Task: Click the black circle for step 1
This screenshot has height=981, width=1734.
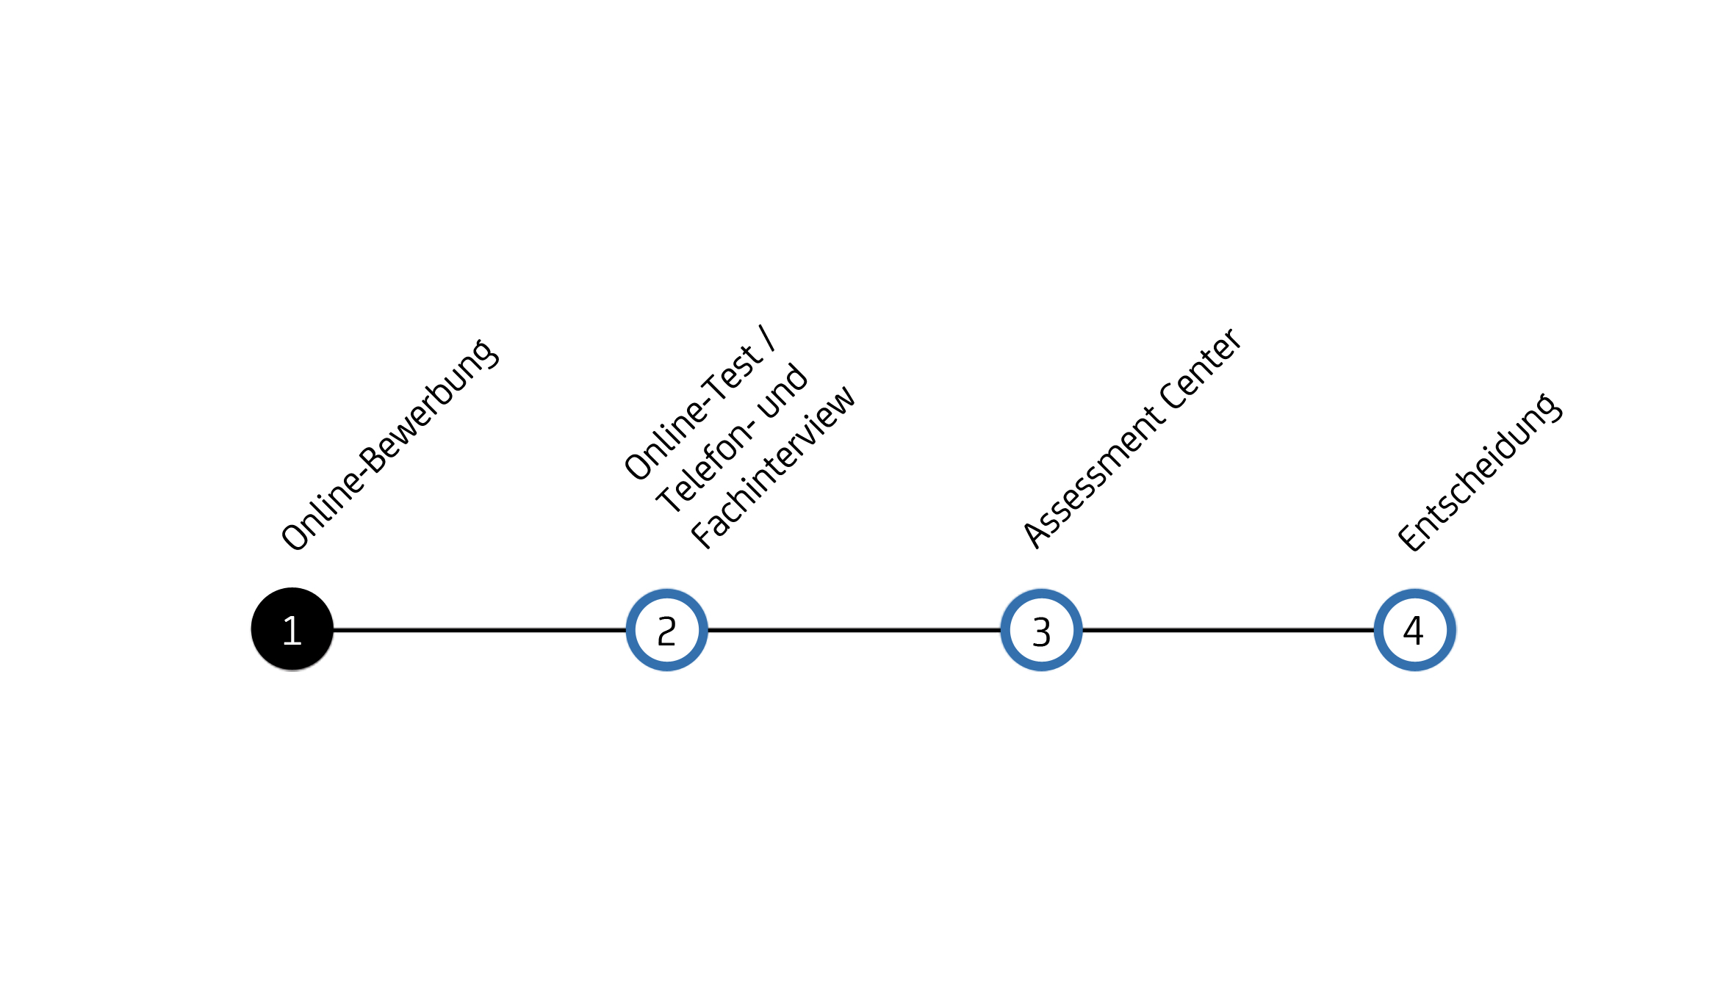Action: point(292,629)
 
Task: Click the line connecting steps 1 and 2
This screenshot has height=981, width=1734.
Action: point(480,629)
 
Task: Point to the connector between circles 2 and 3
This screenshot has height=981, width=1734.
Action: point(854,629)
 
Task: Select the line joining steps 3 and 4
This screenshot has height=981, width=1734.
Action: point(1228,629)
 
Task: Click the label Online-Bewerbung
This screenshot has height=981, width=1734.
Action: point(389,445)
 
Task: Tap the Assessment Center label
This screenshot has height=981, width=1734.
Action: point(1132,438)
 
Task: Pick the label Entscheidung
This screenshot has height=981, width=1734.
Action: point(1479,472)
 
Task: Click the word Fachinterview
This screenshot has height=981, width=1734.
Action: point(773,467)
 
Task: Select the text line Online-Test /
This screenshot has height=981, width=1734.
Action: point(699,402)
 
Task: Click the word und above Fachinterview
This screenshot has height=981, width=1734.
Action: point(783,390)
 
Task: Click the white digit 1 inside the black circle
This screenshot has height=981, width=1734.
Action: point(292,631)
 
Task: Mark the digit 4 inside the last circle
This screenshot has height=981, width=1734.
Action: point(1414,630)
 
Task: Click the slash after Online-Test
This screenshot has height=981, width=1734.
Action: point(768,339)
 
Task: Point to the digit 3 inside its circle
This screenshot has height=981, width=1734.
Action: point(1042,631)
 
